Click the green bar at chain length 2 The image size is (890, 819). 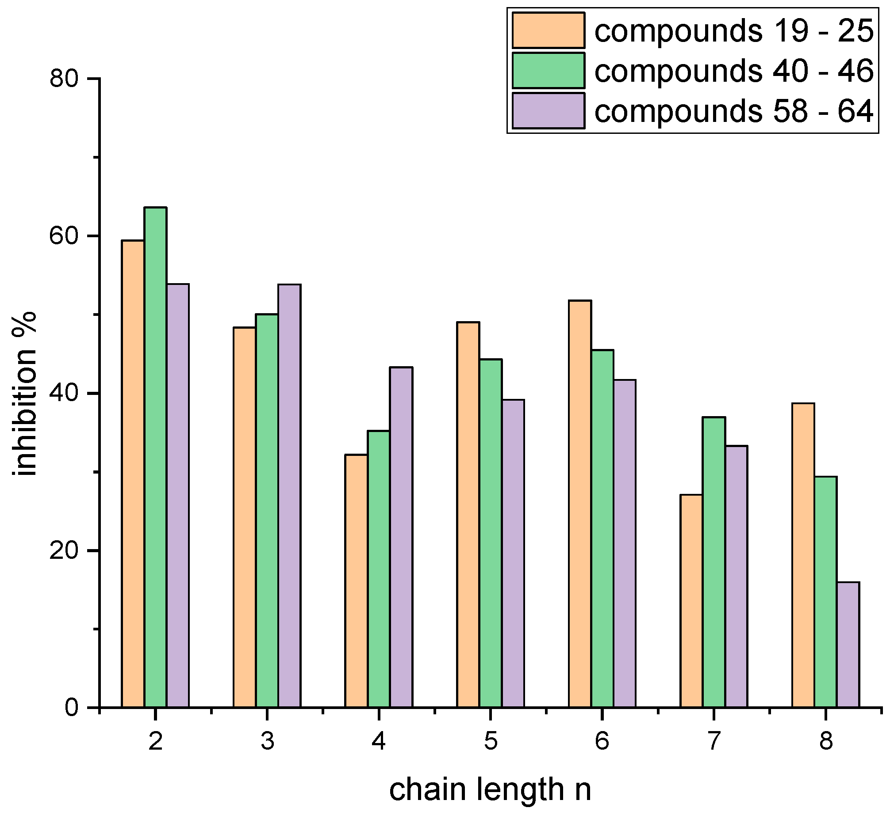(156, 457)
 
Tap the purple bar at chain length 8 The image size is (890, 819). (848, 645)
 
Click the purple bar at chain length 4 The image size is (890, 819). (401, 537)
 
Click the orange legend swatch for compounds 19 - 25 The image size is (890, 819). (549, 30)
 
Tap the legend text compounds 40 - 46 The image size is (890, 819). (734, 71)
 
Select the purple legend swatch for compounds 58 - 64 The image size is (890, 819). (549, 110)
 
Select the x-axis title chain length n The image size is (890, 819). (490, 789)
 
